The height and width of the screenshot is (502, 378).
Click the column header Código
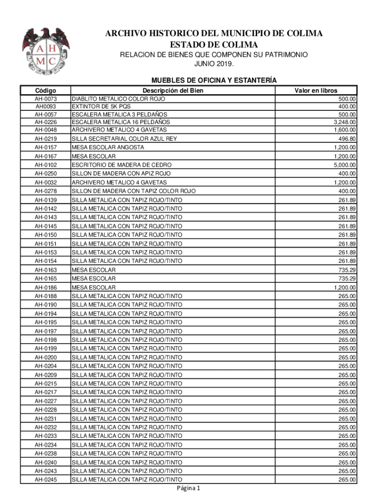click(x=45, y=90)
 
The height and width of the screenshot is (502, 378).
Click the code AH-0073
click(x=45, y=99)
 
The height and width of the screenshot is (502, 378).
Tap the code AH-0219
click(x=45, y=139)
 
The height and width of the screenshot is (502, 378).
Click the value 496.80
click(x=348, y=139)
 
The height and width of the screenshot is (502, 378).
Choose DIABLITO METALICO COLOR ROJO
click(x=118, y=99)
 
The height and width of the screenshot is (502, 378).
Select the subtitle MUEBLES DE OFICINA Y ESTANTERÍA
click(x=214, y=80)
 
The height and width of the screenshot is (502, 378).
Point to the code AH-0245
click(x=45, y=479)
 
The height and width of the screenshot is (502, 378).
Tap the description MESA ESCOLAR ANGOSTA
click(x=108, y=148)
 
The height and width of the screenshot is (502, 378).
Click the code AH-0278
click(x=45, y=191)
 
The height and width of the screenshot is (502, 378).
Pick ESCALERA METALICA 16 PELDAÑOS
click(x=121, y=122)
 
